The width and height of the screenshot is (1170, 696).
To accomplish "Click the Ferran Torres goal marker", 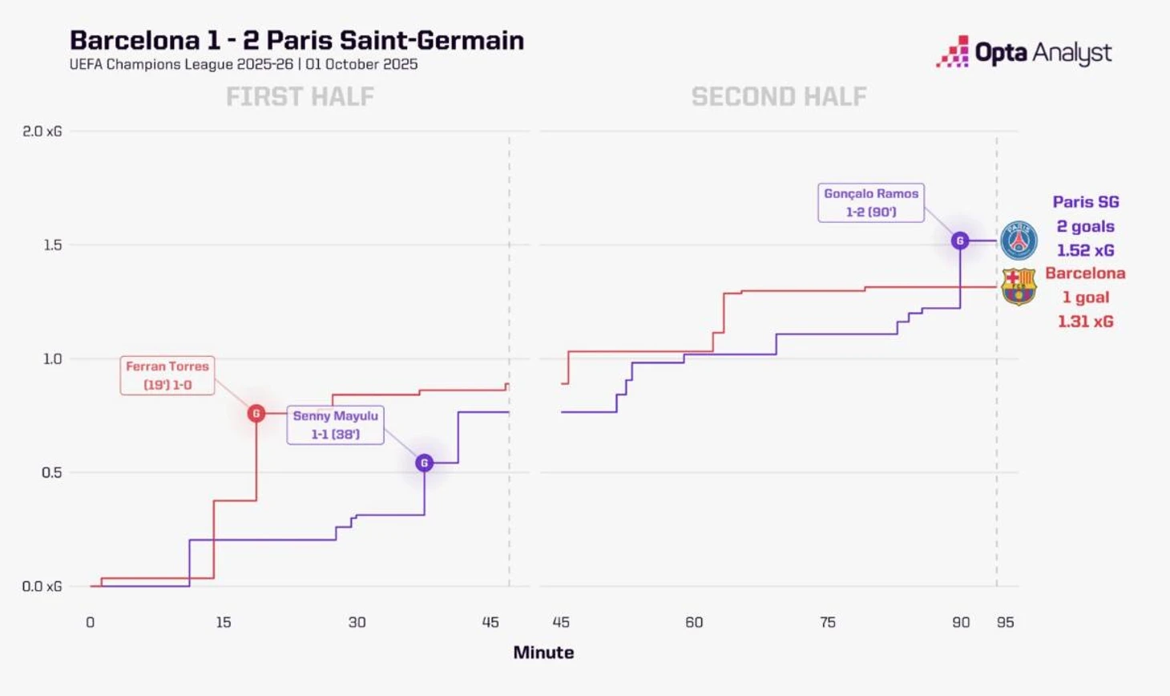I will (256, 413).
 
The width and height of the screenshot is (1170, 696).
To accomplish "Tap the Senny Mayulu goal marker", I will (425, 463).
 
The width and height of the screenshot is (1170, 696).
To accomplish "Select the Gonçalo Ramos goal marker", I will (960, 241).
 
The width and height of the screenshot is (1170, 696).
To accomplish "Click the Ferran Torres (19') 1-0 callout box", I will (167, 375).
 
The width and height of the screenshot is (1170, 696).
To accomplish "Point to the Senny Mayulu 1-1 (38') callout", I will (335, 425).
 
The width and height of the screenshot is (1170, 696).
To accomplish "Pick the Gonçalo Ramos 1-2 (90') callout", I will (871, 203).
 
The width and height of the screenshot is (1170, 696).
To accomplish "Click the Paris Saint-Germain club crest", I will (1019, 240).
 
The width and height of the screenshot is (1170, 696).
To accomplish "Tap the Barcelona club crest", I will (1019, 286).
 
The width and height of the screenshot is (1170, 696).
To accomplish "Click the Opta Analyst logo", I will (1023, 53).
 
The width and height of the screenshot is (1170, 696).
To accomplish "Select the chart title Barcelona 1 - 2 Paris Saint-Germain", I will (297, 40).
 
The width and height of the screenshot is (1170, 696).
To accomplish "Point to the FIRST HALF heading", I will (300, 97).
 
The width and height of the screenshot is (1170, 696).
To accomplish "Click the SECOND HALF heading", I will (779, 97).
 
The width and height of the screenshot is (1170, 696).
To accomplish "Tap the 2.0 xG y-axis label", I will (42, 132).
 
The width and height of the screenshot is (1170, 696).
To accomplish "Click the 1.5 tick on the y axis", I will (53, 245).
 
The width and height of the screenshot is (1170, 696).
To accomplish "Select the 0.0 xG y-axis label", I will (42, 586).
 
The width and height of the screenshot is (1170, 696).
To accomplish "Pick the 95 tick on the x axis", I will (1005, 622).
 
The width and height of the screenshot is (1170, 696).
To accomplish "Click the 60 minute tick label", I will (694, 622).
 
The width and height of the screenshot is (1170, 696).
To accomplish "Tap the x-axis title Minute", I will (543, 653).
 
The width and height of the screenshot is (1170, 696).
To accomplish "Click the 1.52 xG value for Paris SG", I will (1085, 250).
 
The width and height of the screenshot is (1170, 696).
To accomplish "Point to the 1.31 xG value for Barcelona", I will (1085, 322).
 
